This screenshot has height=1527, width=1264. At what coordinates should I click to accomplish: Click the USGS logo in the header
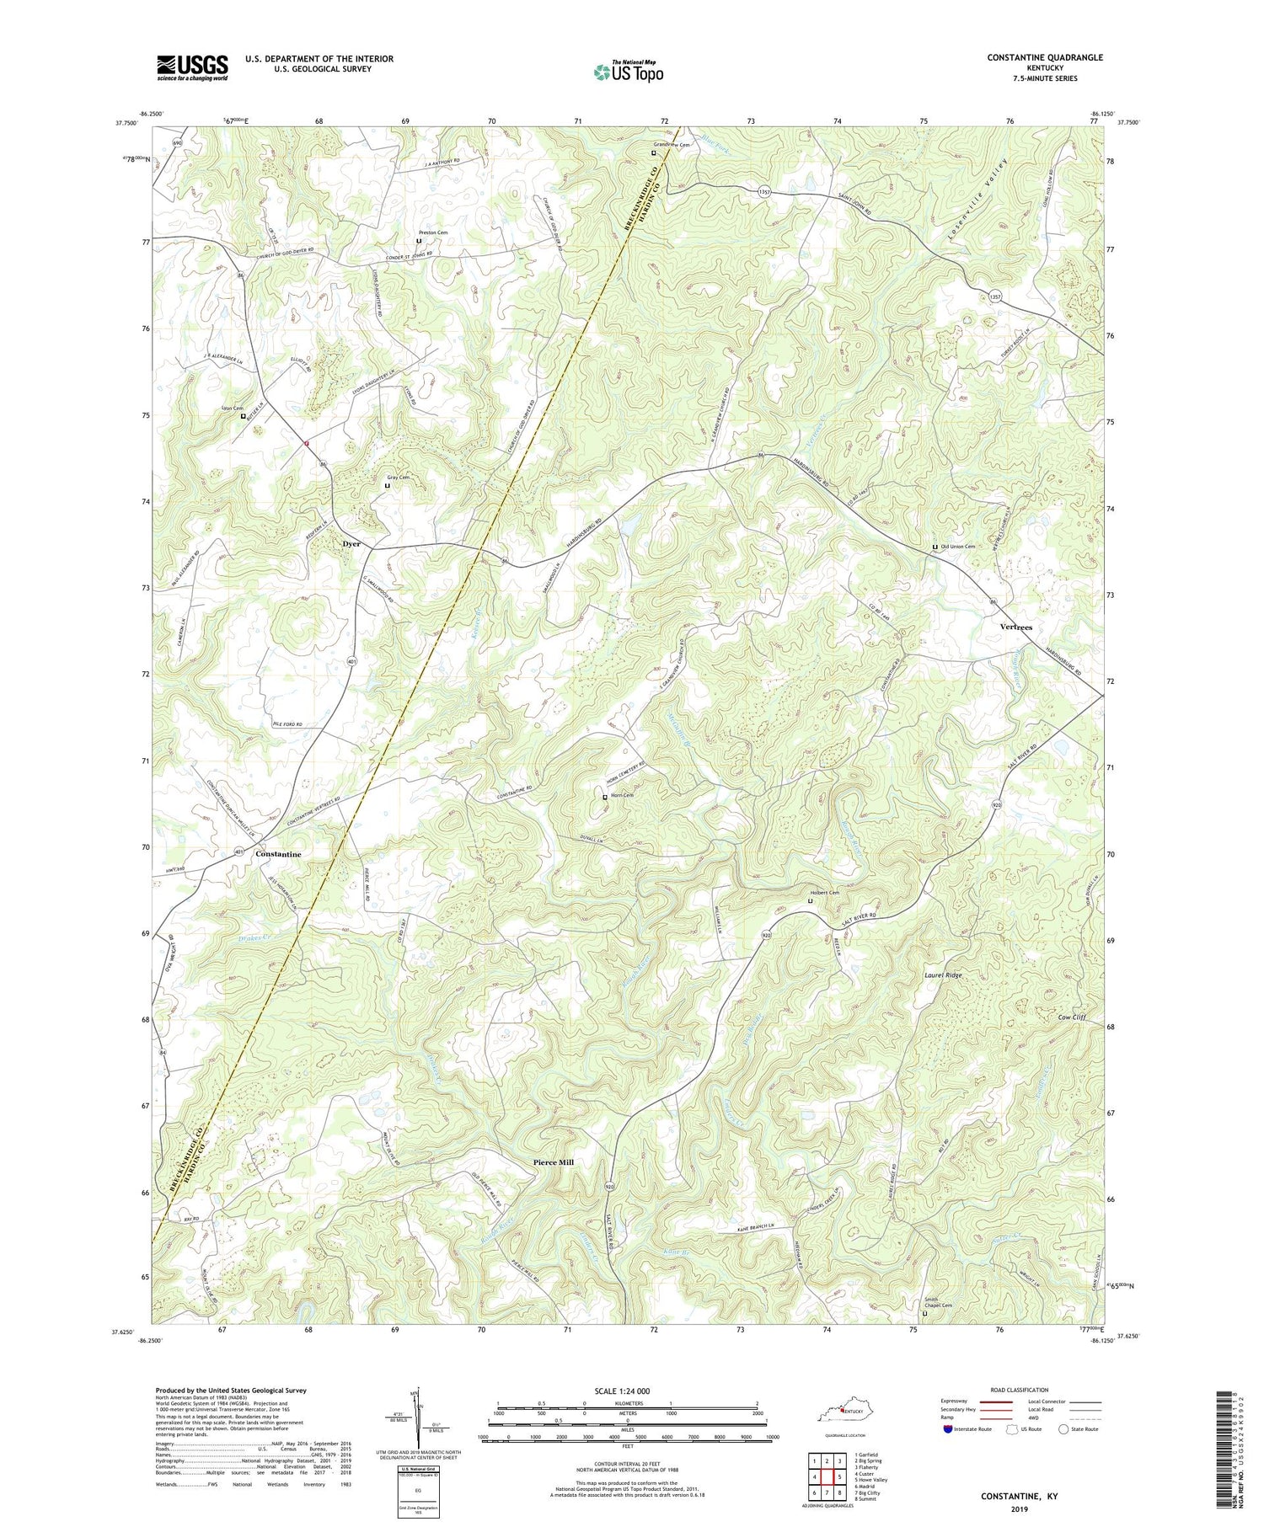click(x=192, y=67)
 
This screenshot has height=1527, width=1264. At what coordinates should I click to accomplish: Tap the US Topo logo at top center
click(x=628, y=72)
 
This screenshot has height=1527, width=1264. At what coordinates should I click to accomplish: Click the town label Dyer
click(x=351, y=544)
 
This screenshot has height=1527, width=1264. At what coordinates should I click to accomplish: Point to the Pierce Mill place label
click(x=554, y=1162)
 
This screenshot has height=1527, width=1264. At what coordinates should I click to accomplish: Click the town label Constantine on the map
click(x=278, y=854)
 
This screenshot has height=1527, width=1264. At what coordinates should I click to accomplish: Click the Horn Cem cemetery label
click(x=623, y=796)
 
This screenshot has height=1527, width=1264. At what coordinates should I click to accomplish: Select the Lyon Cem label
click(x=233, y=408)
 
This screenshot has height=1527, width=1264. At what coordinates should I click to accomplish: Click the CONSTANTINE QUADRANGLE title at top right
click(x=1033, y=57)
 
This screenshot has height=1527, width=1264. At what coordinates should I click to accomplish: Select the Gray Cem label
click(x=399, y=478)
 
